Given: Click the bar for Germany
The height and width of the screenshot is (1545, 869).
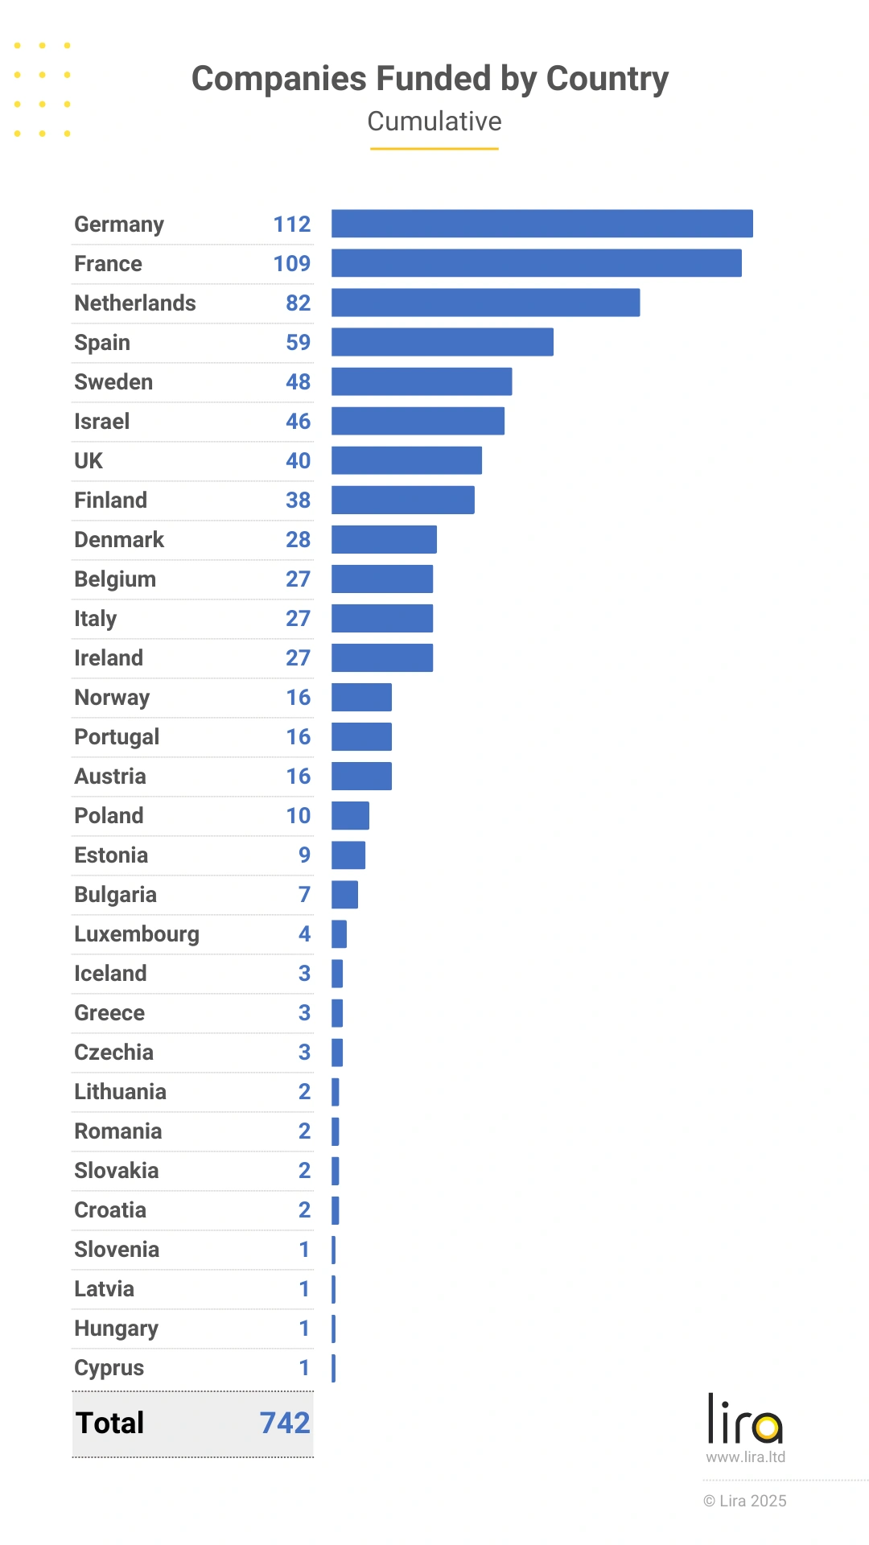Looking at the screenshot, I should point(542,224).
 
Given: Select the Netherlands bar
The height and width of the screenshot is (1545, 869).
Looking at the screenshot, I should point(485,303).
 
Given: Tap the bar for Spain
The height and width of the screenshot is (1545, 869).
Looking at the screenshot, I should point(442,342).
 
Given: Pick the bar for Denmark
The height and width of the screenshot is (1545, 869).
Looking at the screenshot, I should point(384,539).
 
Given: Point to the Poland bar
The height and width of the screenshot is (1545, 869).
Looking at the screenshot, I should point(350,815).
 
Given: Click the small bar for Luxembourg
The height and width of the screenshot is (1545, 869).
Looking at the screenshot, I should point(339,934).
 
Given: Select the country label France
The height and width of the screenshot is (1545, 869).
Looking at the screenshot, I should point(108,264).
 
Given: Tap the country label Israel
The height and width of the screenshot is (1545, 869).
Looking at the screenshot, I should point(101,422).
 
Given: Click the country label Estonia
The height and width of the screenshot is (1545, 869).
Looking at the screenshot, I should point(111,855).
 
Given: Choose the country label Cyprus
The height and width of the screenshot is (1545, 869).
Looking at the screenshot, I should point(109,1368).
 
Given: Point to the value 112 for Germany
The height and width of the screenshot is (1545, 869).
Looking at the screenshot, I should point(291,225).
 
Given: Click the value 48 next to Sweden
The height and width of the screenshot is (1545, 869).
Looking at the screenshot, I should point(298,382).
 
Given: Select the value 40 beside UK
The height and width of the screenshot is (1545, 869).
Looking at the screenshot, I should point(298,461).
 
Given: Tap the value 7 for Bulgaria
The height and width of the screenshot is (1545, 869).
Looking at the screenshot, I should point(304,895).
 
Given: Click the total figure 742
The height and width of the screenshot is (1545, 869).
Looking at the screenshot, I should point(285,1423).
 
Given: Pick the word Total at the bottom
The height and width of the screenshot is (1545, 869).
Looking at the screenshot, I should point(109,1423).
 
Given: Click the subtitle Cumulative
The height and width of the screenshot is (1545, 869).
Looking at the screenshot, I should point(434,122).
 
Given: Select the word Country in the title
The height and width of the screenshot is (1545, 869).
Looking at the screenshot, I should point(607,79).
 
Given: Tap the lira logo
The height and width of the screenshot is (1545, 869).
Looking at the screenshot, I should point(745,1419).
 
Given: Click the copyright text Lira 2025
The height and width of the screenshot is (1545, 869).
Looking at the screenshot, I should point(745,1501).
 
